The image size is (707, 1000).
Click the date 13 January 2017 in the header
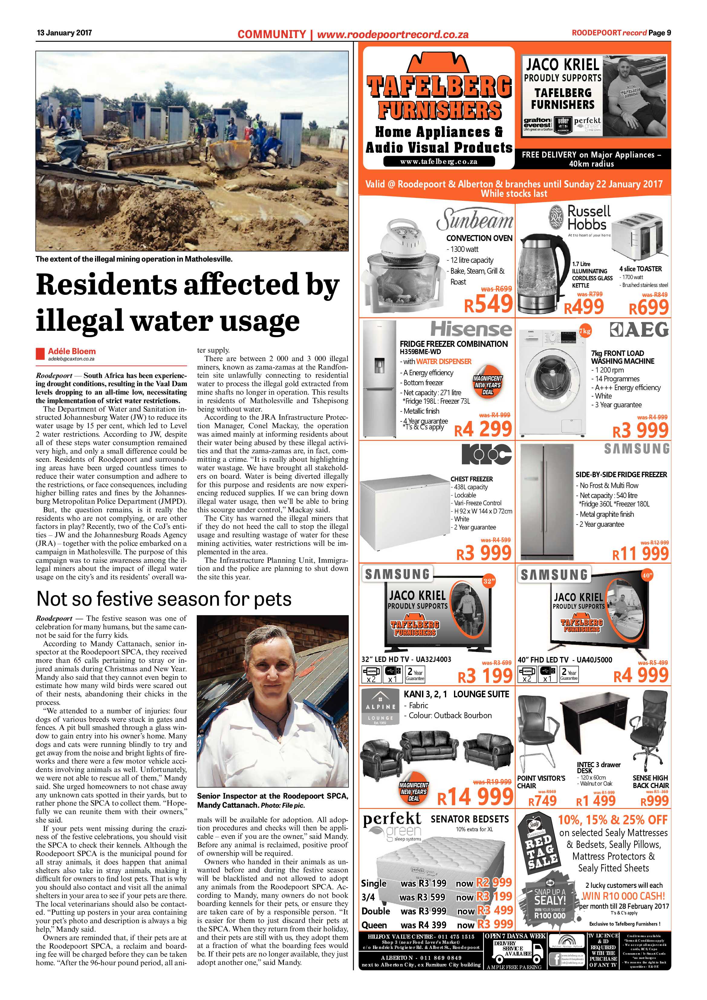pos(64,33)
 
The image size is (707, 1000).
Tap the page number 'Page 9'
pos(660,33)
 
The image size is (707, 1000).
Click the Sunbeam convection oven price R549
pos(488,304)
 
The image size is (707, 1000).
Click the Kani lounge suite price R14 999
pos(475,797)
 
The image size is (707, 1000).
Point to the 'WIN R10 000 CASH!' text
pos(623,896)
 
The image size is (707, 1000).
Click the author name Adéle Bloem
pos(72,351)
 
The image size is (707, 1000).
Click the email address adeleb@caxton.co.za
pos(71,359)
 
